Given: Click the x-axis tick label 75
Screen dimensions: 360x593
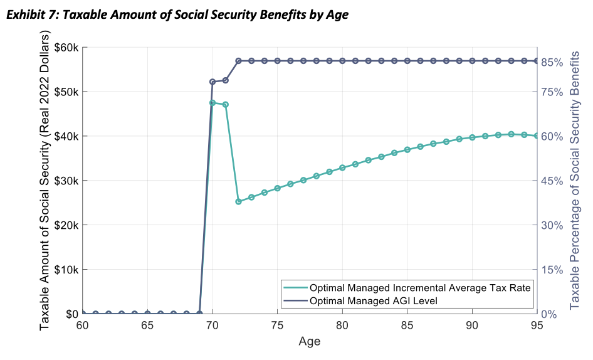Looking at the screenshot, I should coord(277,327).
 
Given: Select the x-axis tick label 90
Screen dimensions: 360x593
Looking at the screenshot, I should coord(471,327).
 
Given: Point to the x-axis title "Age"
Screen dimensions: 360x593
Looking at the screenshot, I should coord(309,343).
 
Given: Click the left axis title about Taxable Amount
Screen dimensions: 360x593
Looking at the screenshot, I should coord(45,181).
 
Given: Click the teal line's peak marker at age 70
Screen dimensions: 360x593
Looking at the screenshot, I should coord(213,103).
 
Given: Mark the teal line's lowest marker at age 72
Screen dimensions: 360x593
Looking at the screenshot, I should coord(238,201).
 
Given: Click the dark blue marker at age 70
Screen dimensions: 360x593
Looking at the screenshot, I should coord(213,82).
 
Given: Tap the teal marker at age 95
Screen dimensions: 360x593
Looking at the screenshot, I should coord(536,135).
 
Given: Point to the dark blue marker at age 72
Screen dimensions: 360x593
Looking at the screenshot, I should coord(238,61).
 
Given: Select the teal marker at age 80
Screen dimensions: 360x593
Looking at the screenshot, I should coord(342,167).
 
